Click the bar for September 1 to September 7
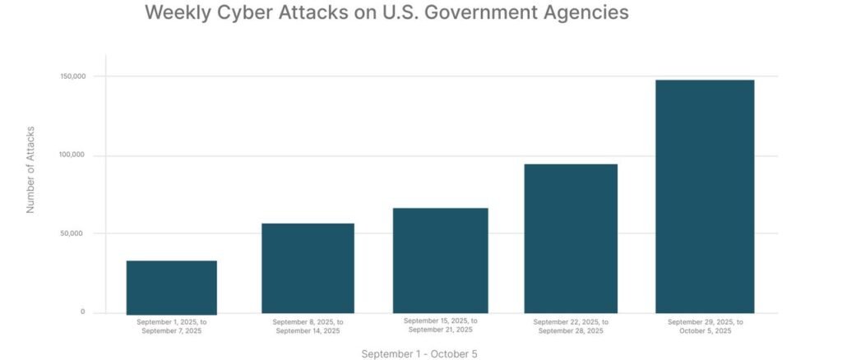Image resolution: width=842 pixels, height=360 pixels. pos(172,287)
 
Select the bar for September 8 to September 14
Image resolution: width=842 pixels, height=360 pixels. pos(308,268)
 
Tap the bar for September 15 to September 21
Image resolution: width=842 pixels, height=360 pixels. pos(441,261)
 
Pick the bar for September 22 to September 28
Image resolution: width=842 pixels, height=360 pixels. pos(571,238)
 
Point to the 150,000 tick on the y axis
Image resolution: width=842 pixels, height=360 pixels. pos(72,76)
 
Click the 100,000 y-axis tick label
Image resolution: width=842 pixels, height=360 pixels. pos(72,155)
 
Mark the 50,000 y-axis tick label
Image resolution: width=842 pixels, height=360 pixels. pos(73,233)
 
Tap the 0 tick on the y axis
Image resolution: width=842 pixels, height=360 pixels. pos(82,312)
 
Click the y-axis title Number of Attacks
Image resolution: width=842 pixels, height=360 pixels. pos(30,169)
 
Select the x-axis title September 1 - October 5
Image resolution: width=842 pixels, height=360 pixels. pos(419,354)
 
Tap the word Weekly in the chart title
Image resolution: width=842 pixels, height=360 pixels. pos(175,13)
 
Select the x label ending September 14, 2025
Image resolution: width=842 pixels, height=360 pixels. pos(308,326)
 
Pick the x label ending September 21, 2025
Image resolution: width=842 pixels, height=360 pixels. pos(441,325)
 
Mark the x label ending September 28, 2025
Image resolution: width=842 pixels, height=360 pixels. pos(571,326)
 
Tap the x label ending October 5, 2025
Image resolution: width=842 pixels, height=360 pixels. pos(705,326)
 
